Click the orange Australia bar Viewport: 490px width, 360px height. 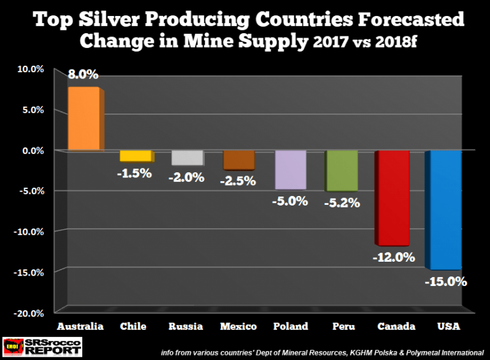[83, 119]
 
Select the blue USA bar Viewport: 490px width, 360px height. [443, 210]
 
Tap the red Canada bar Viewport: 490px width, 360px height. [392, 198]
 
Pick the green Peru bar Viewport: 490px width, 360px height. [341, 171]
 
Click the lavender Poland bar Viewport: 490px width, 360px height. [290, 170]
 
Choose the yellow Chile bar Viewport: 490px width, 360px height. [136, 156]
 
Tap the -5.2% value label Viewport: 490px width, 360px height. [342, 203]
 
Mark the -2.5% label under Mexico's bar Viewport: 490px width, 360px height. [237, 181]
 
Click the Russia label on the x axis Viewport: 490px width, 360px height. [186, 327]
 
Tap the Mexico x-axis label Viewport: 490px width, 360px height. [237, 327]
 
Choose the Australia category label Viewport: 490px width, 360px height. [80, 327]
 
